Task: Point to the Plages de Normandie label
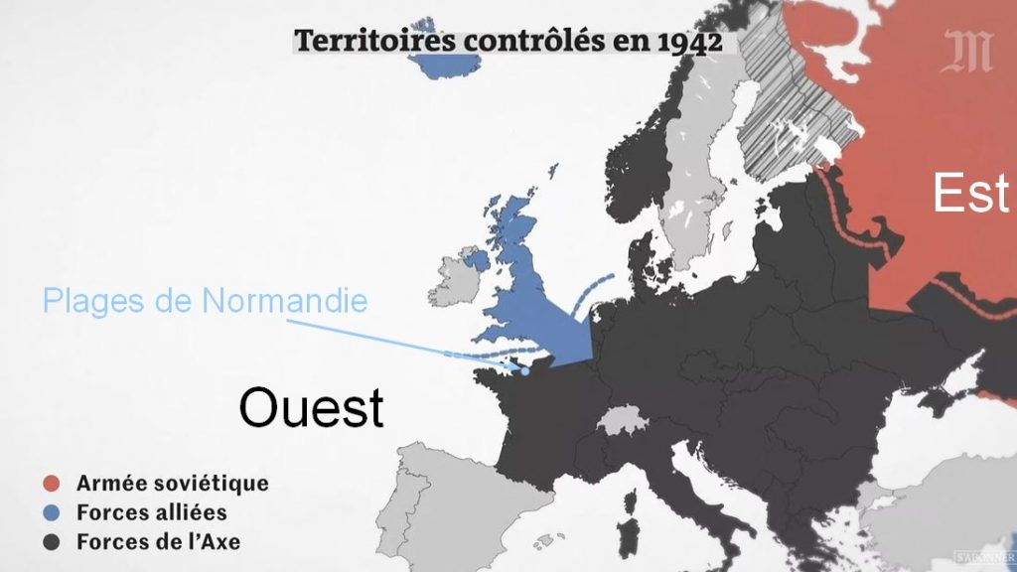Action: tap(205, 300)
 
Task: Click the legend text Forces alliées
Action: tap(151, 513)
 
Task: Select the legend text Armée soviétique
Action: tap(172, 485)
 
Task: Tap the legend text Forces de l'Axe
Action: tap(158, 542)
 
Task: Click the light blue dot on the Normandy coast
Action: tap(524, 372)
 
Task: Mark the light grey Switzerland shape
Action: tap(620, 421)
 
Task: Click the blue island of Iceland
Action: tap(444, 55)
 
